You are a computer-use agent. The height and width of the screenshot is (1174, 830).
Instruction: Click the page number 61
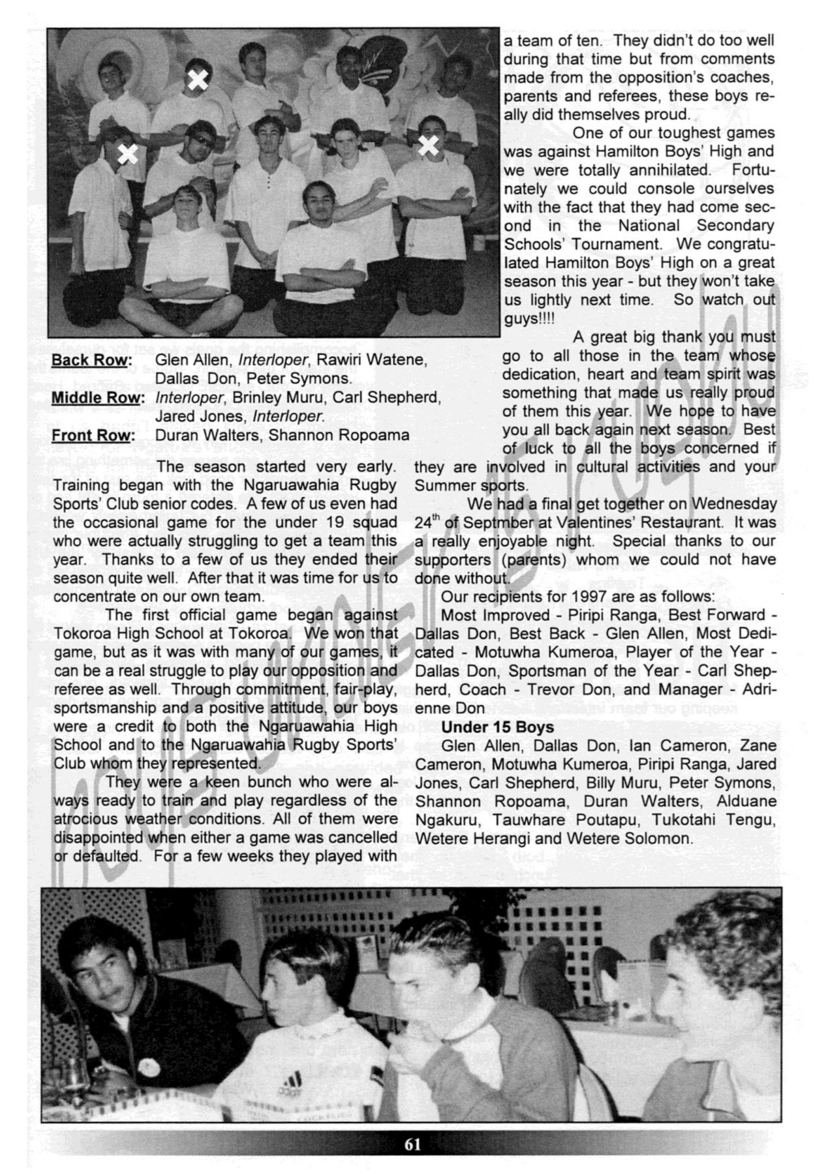pyautogui.click(x=412, y=1145)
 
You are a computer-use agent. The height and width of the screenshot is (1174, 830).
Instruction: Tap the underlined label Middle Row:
pyautogui.click(x=97, y=398)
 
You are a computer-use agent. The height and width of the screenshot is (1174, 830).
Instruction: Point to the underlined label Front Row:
pyautogui.click(x=93, y=436)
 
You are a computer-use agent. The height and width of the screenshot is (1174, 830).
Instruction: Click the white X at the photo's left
pyautogui.click(x=128, y=155)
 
